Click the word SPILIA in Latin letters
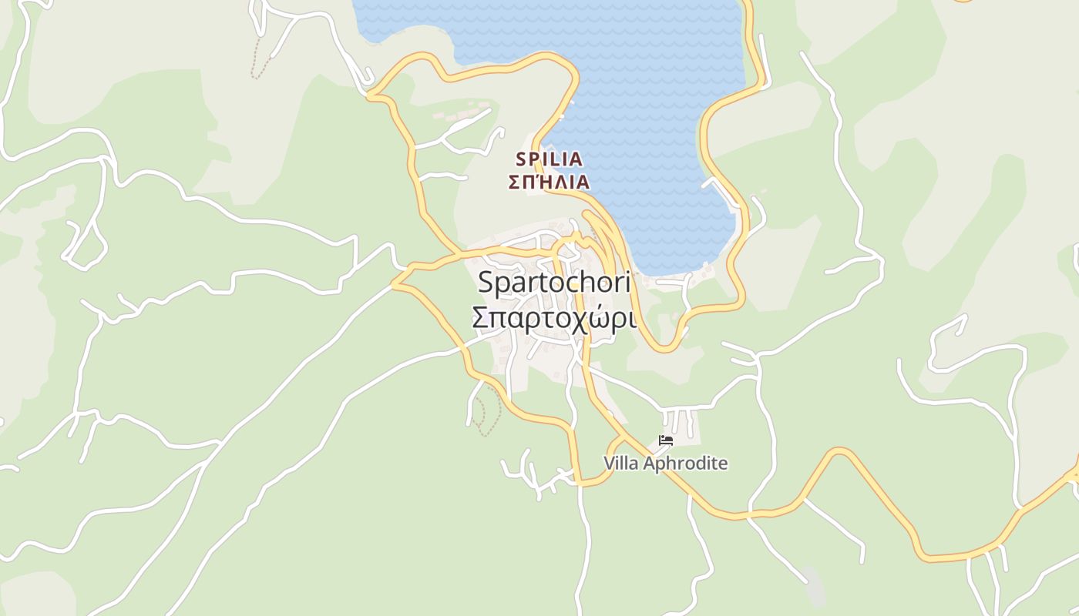tap(549, 159)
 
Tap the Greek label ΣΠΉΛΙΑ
tap(549, 182)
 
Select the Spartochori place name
tap(553, 282)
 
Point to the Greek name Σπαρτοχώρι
tap(553, 316)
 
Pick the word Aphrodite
tap(685, 464)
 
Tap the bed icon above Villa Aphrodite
tap(666, 441)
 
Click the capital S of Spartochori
tap(486, 283)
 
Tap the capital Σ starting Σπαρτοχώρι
tap(479, 317)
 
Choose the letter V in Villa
tap(610, 464)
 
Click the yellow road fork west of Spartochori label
tap(395, 283)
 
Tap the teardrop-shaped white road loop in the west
tap(85, 246)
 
